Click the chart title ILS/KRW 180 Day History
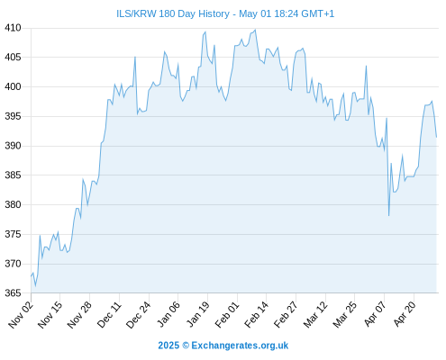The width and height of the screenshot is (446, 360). coord(173,13)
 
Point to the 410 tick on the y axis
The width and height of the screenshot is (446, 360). coord(13,28)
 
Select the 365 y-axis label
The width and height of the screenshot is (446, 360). coord(13,292)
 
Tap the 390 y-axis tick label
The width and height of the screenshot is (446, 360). coord(13,146)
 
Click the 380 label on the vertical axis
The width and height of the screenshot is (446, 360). coord(13,204)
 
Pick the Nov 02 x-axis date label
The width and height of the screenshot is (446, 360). coord(21,314)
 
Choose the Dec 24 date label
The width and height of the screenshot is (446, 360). coord(139,314)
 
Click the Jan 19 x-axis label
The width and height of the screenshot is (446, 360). coord(197,314)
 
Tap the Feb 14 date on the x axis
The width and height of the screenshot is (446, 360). coord(256,314)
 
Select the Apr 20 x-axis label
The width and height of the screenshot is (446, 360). coord(404,314)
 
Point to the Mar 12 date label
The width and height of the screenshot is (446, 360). coord(315,314)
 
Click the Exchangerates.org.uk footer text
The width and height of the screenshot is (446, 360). coord(240,346)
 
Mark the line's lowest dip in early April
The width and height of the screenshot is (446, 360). coord(388,216)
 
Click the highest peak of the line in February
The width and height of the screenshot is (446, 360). coord(255,30)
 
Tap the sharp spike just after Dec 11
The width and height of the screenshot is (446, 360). coord(135,57)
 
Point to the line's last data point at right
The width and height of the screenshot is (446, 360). coord(436,138)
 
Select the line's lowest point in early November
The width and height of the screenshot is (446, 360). coord(35,286)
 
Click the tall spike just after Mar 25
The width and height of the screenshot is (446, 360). coord(366,66)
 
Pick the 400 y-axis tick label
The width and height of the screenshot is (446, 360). coord(13,87)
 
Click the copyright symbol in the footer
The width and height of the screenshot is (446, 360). coord(186,346)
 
